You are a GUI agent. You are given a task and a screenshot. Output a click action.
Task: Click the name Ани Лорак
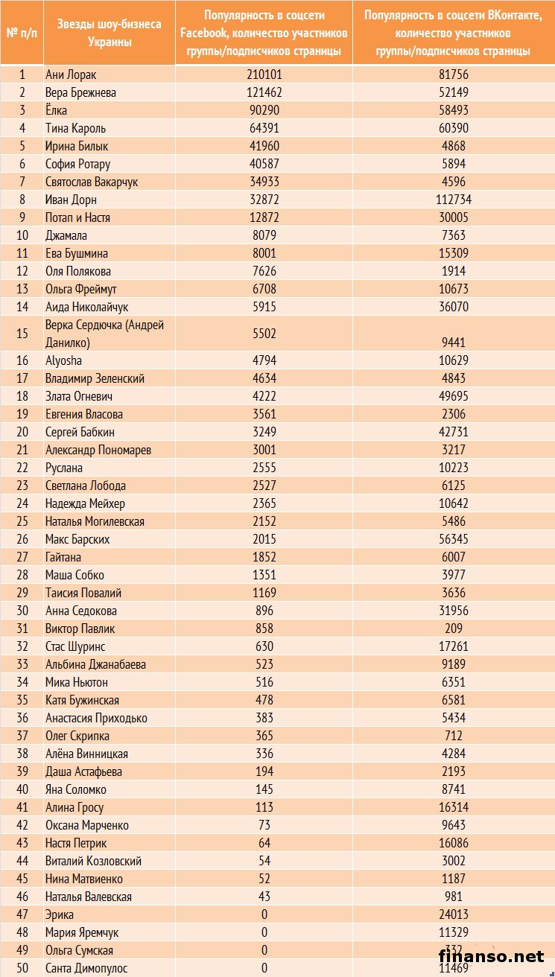click(x=71, y=74)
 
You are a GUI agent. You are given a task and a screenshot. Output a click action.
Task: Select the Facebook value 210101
click(x=264, y=74)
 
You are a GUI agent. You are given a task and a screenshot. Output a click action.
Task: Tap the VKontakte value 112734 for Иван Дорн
click(x=453, y=200)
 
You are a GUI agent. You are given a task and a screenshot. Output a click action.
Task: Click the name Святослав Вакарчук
click(x=92, y=182)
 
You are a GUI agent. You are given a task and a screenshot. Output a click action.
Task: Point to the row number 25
click(x=22, y=521)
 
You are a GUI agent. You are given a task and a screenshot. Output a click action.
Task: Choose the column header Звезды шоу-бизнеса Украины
click(x=110, y=33)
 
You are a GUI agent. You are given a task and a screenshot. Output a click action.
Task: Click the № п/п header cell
click(x=22, y=33)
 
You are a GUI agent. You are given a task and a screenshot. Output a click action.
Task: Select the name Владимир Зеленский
click(x=95, y=378)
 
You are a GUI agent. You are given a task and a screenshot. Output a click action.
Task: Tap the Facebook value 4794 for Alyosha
click(x=264, y=360)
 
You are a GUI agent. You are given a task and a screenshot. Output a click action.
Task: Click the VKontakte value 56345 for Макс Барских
click(x=453, y=539)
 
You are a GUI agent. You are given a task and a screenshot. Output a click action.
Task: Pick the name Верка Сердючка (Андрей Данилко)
click(x=104, y=334)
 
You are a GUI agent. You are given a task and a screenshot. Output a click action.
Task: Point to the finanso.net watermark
click(x=491, y=955)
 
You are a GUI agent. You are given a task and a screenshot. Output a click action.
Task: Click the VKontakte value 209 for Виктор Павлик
click(x=453, y=628)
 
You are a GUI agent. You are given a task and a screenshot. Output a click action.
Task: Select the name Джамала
click(x=66, y=235)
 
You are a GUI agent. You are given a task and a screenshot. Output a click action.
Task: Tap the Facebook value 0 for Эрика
click(x=264, y=914)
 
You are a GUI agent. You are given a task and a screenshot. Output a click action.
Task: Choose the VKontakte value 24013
click(x=453, y=914)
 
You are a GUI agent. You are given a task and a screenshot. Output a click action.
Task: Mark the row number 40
click(x=22, y=789)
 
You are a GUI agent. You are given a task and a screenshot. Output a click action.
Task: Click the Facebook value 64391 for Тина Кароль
click(x=264, y=128)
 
